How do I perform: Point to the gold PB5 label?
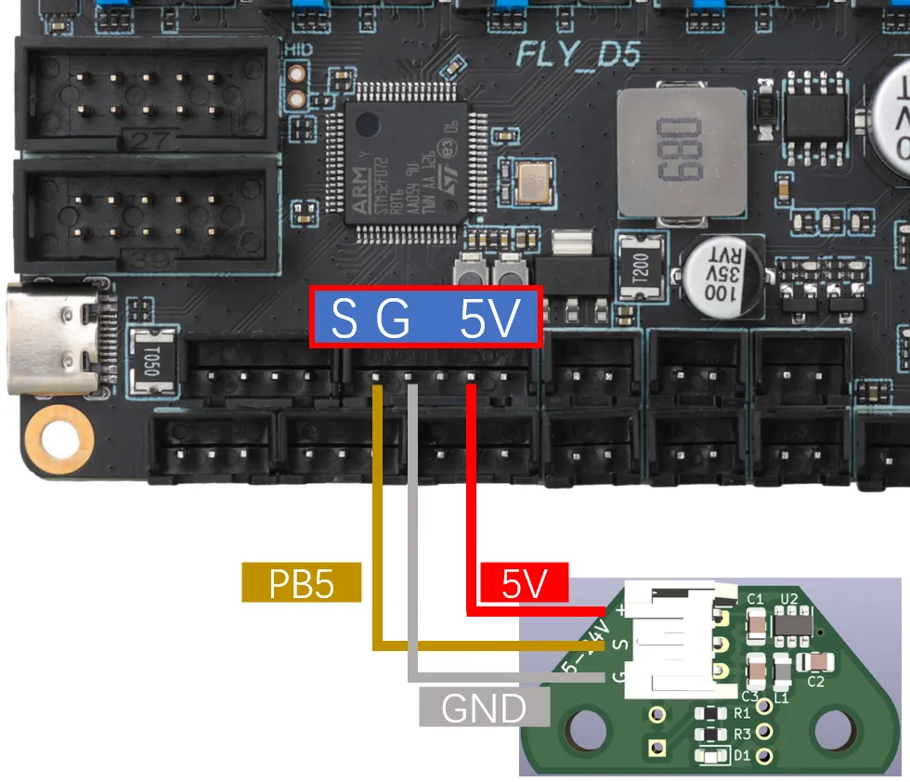[x=301, y=582]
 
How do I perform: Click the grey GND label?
[x=484, y=708]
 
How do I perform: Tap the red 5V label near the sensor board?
[x=524, y=584]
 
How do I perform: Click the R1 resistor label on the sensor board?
[x=742, y=713]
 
